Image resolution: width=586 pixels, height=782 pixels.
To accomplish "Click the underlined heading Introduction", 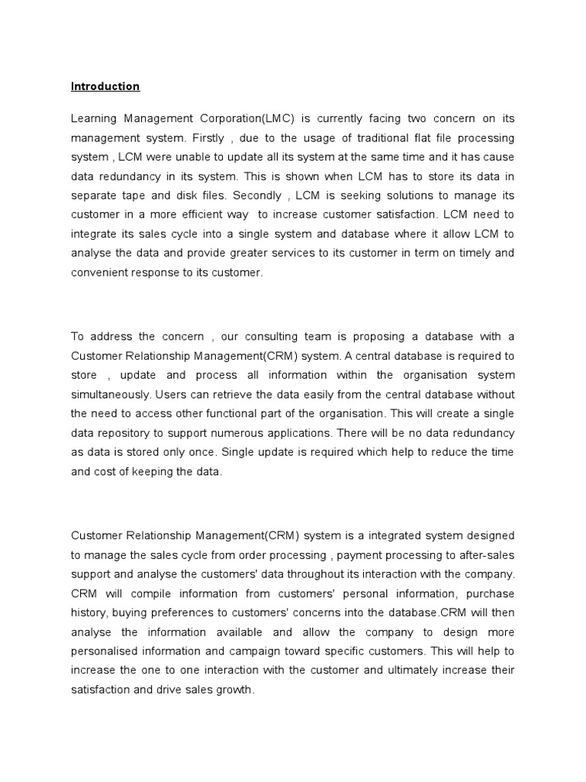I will [x=105, y=86].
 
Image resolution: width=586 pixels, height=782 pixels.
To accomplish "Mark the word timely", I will [x=458, y=254].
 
